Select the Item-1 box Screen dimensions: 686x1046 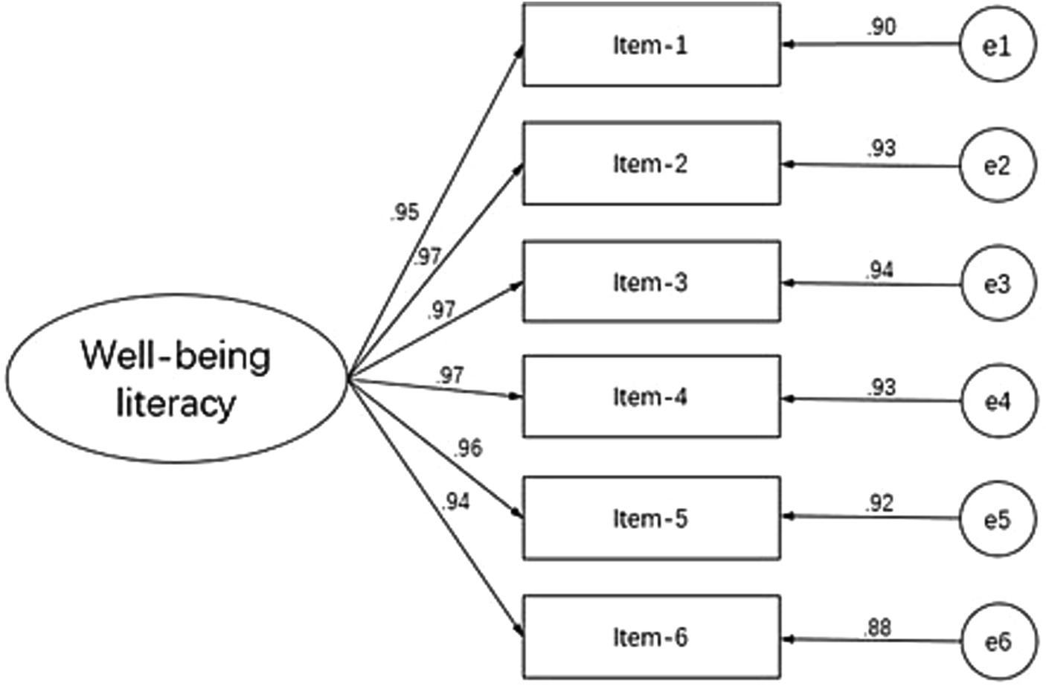pyautogui.click(x=651, y=45)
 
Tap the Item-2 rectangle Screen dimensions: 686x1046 pyautogui.click(x=651, y=164)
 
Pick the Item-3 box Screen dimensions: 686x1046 pyautogui.click(x=651, y=282)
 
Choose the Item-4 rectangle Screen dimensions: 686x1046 pyautogui.click(x=651, y=397)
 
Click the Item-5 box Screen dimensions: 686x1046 pyautogui.click(x=651, y=518)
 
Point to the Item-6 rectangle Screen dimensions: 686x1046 pyautogui.click(x=651, y=637)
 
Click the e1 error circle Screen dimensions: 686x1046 pyautogui.click(x=998, y=46)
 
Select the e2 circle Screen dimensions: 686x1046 pyautogui.click(x=998, y=165)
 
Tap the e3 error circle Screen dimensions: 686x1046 pyautogui.click(x=998, y=283)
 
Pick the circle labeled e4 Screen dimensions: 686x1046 pyautogui.click(x=998, y=401)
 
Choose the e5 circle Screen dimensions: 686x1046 pyautogui.click(x=998, y=519)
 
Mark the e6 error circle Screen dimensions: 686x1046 pyautogui.click(x=998, y=641)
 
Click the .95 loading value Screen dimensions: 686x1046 pyautogui.click(x=404, y=213)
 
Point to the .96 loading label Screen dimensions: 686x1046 pyautogui.click(x=467, y=448)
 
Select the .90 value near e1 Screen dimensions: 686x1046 pyautogui.click(x=881, y=28)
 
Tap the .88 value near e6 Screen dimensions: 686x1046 pyautogui.click(x=877, y=628)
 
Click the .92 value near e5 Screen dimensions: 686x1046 pyautogui.click(x=879, y=504)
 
